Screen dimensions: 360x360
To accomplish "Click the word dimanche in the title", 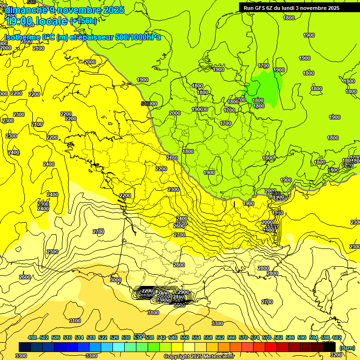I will pyautogui.click(x=23, y=10).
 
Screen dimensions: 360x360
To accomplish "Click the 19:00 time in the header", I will pyautogui.click(x=16, y=21).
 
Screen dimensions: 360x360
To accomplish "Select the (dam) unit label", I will pyautogui.click(x=346, y=347).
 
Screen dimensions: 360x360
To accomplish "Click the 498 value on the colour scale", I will pyautogui.click(x=32, y=337).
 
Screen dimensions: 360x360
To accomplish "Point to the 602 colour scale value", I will pyautogui.click(x=337, y=337).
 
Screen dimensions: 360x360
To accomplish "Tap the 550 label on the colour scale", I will pyautogui.click(x=185, y=337).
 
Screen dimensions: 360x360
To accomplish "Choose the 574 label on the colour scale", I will pyautogui.click(x=255, y=337).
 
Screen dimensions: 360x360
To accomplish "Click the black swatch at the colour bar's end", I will pyautogui.click(x=329, y=347).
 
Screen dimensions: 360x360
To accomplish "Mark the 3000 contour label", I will pyautogui.click(x=115, y=280).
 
